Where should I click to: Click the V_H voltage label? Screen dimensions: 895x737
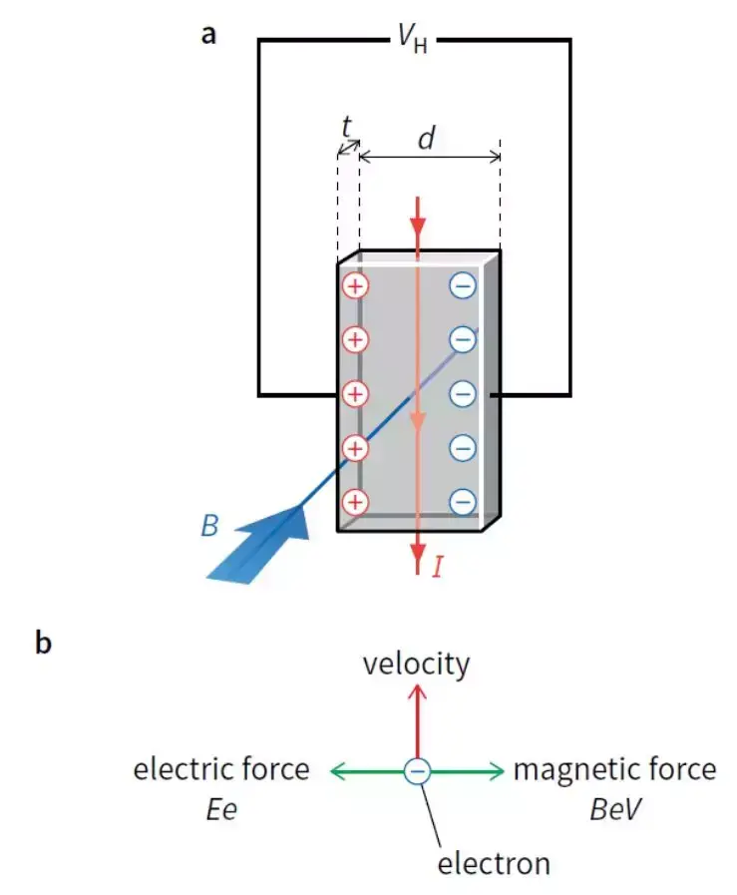point(412,40)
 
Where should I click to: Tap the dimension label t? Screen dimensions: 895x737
point(346,127)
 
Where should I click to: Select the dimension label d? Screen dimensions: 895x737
point(427,139)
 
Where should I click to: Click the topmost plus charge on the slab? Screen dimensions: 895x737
point(355,286)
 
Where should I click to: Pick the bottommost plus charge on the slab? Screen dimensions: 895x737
point(355,501)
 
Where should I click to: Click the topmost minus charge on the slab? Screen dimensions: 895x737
point(463,286)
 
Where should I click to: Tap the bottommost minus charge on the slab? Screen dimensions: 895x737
point(463,501)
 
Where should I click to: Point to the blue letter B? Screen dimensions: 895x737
point(209,527)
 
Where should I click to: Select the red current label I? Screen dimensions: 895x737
point(437,568)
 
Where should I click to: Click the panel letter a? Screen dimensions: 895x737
point(208,35)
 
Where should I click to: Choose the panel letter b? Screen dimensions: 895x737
point(43,644)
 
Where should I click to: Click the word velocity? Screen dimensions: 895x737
point(416,665)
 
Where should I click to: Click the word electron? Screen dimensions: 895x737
point(494,862)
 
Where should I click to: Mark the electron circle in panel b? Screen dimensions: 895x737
point(418,770)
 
